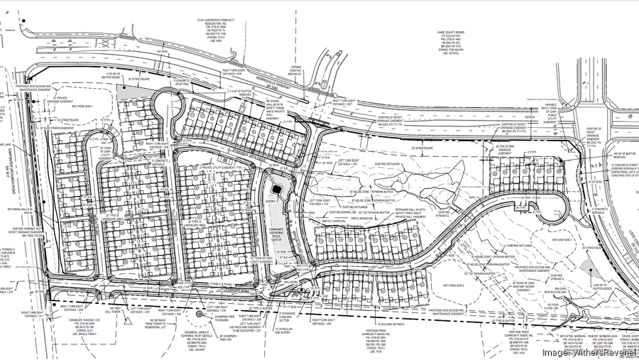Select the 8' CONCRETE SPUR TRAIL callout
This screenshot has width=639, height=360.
(181, 90)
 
